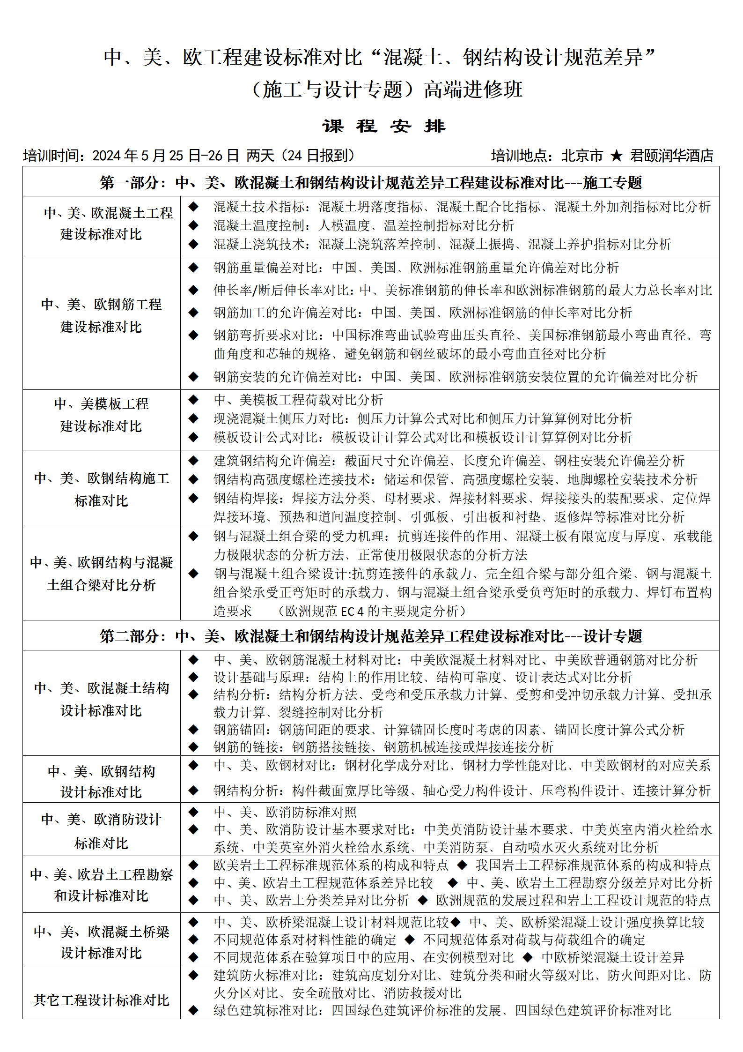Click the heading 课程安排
383,126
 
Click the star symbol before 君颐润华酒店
616,155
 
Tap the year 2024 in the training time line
107,156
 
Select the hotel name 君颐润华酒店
671,156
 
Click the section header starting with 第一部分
370,182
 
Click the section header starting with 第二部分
370,636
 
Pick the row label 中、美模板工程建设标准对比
101,415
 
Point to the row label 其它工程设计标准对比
101,1000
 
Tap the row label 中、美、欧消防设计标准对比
101,831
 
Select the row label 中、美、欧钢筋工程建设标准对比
101,315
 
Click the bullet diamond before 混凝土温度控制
193,225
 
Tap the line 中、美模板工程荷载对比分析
298,400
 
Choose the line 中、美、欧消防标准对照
285,812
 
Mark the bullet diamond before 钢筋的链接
193,746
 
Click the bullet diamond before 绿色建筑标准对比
193,1010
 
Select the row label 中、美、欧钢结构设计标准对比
101,781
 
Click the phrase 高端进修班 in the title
473,90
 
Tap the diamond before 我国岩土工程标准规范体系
462,865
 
